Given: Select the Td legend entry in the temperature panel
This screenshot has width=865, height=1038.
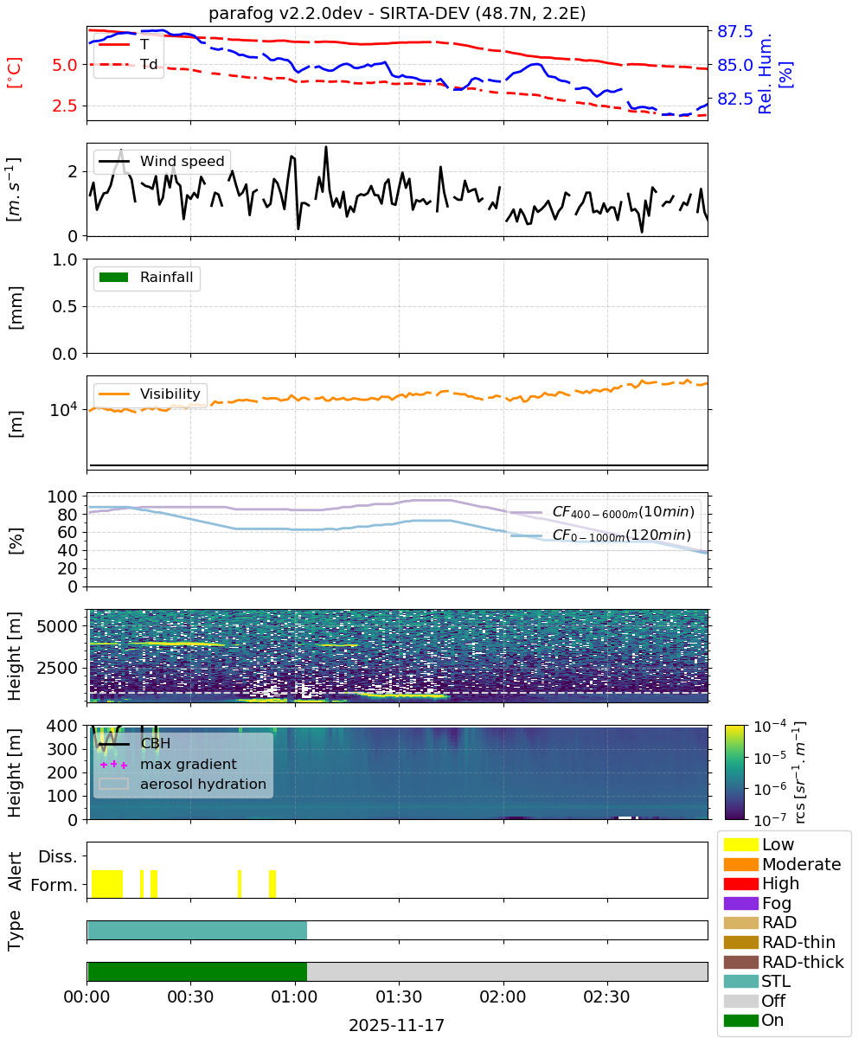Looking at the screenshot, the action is click(128, 64).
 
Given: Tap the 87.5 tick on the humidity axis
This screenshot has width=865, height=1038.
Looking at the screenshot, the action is click(734, 31).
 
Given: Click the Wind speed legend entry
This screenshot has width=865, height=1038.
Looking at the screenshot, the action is click(162, 161).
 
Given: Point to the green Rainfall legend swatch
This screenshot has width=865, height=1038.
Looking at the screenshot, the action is click(114, 278).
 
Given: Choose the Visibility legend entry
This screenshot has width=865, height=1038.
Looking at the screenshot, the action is click(150, 394).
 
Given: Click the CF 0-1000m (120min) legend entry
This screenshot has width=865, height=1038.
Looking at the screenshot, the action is click(601, 535).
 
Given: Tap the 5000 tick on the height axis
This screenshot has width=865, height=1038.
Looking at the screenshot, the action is click(57, 626).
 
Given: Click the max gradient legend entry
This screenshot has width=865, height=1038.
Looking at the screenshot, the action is click(169, 764).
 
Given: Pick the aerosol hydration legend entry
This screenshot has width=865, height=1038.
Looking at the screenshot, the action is click(183, 784).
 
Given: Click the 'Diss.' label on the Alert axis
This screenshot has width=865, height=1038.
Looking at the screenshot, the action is click(58, 856).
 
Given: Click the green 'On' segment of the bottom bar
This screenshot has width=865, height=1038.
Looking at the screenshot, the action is click(197, 971).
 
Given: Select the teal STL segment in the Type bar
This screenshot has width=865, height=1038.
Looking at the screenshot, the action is click(197, 930).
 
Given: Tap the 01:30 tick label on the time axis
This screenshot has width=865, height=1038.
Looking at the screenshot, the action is click(399, 996).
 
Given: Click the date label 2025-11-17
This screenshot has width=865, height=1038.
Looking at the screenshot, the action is click(397, 1025).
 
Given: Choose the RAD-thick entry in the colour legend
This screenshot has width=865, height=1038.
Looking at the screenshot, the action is click(784, 962).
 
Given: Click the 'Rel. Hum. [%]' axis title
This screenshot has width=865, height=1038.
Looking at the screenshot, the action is click(774, 73).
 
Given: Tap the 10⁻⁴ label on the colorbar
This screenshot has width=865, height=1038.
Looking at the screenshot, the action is click(770, 727).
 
